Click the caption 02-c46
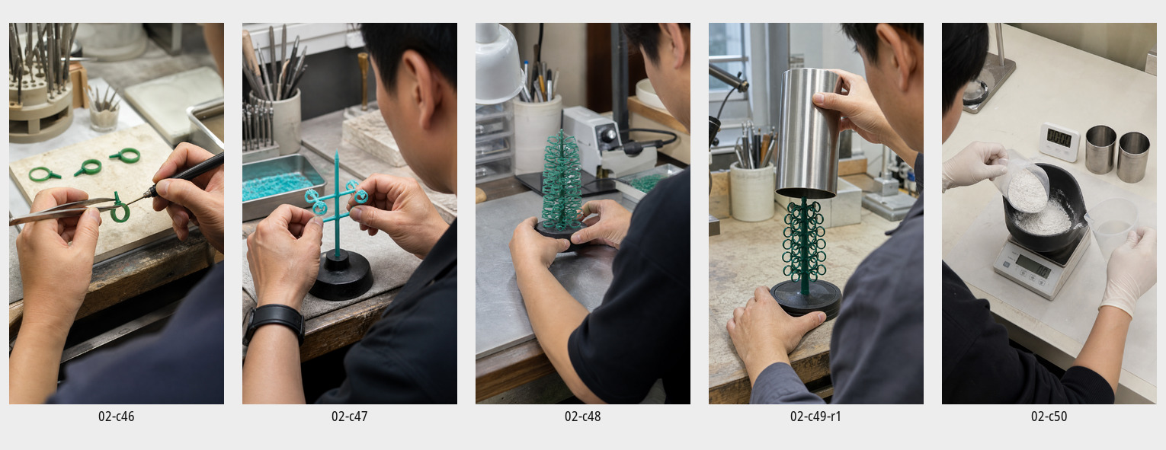pyautogui.click(x=116, y=416)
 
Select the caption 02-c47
pyautogui.click(x=349, y=416)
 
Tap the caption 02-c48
pyautogui.click(x=582, y=416)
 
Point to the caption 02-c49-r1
pyautogui.click(x=815, y=416)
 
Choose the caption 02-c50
pyautogui.click(x=1049, y=416)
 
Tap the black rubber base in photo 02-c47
pyautogui.click(x=341, y=275)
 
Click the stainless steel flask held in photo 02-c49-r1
pyautogui.click(x=807, y=132)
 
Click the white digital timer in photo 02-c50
pyautogui.click(x=1059, y=142)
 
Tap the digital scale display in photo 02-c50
pyautogui.click(x=1033, y=267)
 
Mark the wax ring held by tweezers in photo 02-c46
pyautogui.click(x=119, y=209)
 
